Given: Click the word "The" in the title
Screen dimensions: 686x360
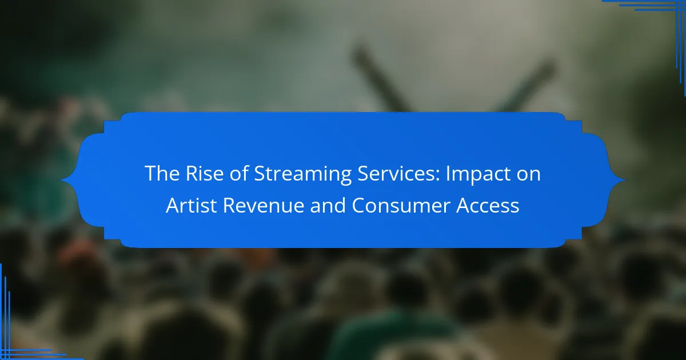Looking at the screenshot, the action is coord(162,173).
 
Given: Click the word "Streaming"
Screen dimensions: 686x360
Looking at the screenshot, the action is coord(302,175).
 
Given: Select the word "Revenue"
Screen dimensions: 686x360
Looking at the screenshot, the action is coord(264,205).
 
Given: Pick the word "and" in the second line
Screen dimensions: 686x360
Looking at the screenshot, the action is coord(328,205).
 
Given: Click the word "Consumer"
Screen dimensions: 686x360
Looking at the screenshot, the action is coord(401,205).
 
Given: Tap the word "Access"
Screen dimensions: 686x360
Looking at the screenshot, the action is coord(488,205).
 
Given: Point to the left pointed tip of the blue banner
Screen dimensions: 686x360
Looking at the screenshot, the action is coord(61,180).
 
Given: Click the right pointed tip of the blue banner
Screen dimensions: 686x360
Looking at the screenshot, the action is coord(625,180).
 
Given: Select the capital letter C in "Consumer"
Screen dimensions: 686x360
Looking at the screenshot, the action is coord(359,205).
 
